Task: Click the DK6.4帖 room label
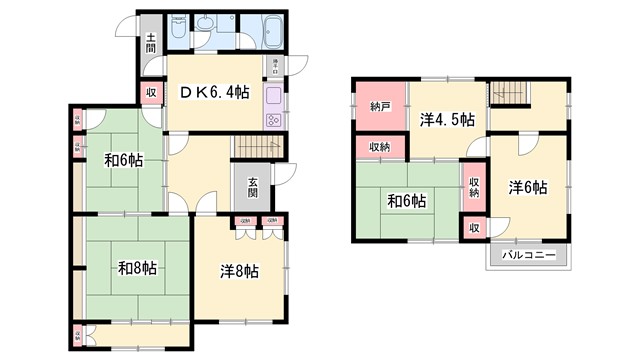[214, 93]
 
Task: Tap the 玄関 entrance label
[254, 187]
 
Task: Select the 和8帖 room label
[136, 267]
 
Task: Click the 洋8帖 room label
[240, 270]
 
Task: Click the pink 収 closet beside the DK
[152, 93]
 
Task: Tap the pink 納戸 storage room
[379, 107]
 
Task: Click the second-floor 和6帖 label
[408, 200]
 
